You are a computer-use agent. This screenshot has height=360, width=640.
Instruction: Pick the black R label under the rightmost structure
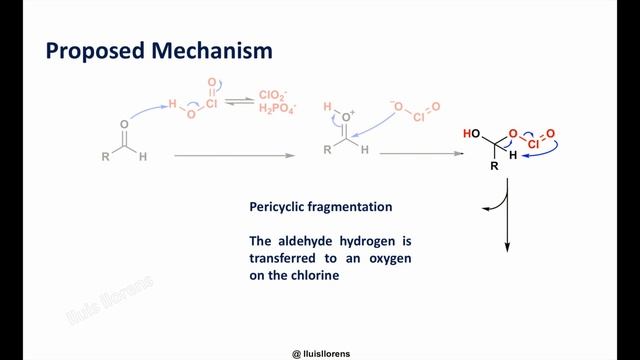tap(493, 166)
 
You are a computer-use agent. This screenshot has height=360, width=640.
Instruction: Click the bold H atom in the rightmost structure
tap(513, 156)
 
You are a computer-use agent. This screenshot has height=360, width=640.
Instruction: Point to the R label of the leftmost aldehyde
tap(106, 157)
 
